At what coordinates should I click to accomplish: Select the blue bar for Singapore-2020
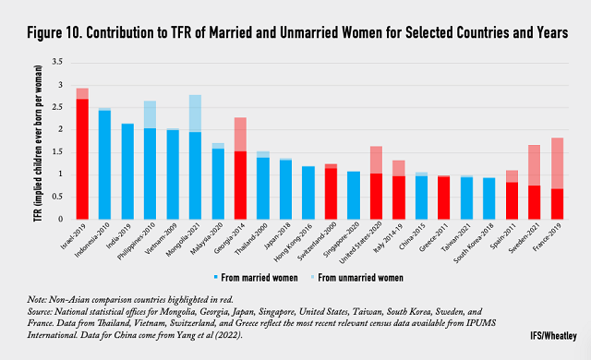pos(353,195)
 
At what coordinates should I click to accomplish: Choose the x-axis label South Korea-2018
pos(470,246)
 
